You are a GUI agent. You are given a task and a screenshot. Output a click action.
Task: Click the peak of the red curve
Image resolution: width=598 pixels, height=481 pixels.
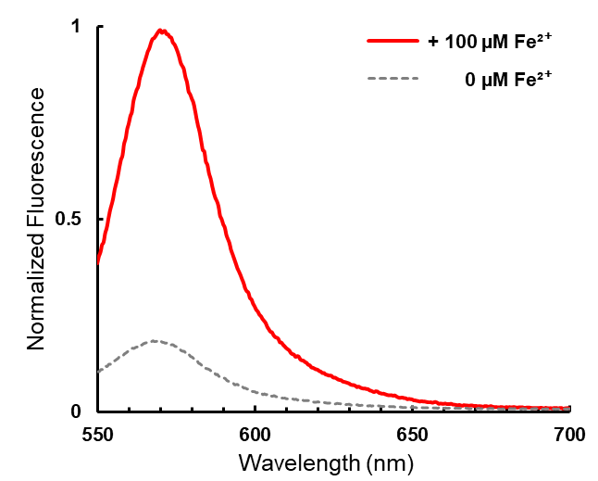pos(161,31)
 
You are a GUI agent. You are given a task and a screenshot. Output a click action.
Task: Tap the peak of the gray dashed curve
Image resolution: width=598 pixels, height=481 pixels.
pos(155,341)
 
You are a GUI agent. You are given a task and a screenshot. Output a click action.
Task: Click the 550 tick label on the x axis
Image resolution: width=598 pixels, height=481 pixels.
pos(97,433)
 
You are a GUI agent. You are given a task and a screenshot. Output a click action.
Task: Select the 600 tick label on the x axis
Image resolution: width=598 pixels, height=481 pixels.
pos(255,433)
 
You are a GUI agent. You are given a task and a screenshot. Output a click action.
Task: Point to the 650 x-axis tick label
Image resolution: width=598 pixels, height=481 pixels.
pos(412,433)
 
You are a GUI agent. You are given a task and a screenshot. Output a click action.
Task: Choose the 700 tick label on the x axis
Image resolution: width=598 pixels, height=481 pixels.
pos(568,433)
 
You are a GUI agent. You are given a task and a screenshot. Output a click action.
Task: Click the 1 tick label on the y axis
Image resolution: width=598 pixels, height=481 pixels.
pos(76,28)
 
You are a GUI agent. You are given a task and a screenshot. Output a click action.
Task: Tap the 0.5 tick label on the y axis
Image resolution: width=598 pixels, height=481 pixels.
pos(69,220)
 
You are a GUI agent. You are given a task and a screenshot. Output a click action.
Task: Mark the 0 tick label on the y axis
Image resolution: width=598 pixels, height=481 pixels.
pos(76,411)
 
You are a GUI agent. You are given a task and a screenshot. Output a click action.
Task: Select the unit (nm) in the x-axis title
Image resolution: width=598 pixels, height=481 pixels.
pos(380,460)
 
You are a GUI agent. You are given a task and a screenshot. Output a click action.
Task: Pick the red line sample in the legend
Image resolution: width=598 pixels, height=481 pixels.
pos(393,42)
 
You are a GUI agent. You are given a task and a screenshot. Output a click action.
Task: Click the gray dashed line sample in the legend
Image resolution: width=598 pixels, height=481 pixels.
pos(393,79)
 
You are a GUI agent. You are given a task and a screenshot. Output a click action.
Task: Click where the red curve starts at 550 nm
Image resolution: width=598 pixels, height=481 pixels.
pos(98,261)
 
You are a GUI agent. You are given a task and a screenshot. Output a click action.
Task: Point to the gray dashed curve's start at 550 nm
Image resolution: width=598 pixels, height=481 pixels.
pos(98,372)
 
